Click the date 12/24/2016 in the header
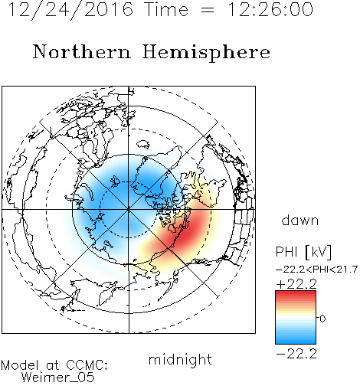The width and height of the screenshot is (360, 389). point(70,10)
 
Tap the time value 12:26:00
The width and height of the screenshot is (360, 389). point(270,9)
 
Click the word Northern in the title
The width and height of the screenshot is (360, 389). point(82,52)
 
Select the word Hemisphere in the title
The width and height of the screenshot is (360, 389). point(206,53)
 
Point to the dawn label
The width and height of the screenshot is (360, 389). point(300,221)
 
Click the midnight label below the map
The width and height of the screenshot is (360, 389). point(180,359)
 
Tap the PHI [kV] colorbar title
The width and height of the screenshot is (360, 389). point(304,252)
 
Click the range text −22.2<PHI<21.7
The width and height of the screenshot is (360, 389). point(316,270)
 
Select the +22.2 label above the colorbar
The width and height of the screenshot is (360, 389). point(296,284)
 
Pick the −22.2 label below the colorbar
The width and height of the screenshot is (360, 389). point(296,354)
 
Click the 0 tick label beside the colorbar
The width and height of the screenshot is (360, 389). point(322,319)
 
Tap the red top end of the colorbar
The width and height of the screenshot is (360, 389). point(296,293)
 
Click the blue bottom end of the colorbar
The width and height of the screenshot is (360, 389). point(296,342)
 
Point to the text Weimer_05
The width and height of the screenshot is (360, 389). point(58,378)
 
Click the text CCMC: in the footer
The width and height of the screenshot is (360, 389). point(87,365)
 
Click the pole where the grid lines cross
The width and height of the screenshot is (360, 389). point(129,210)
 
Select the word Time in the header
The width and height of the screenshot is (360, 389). point(166,9)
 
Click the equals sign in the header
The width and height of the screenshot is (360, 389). point(208,10)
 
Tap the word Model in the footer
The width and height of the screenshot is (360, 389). point(20,365)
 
